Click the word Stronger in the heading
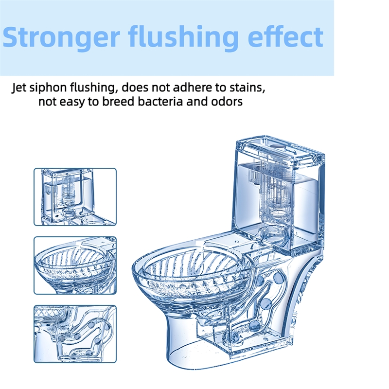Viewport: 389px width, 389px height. click(x=61, y=37)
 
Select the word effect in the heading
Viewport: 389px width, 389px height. click(x=285, y=37)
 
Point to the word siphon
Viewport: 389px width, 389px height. click(x=48, y=88)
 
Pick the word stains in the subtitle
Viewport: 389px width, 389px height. click(x=247, y=88)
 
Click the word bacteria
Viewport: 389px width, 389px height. click(x=160, y=102)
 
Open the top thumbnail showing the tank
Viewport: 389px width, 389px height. click(x=75, y=197)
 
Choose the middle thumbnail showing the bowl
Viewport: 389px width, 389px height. click(x=75, y=265)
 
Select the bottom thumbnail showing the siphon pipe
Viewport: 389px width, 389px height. click(x=75, y=334)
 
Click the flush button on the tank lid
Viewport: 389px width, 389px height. click(x=277, y=147)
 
